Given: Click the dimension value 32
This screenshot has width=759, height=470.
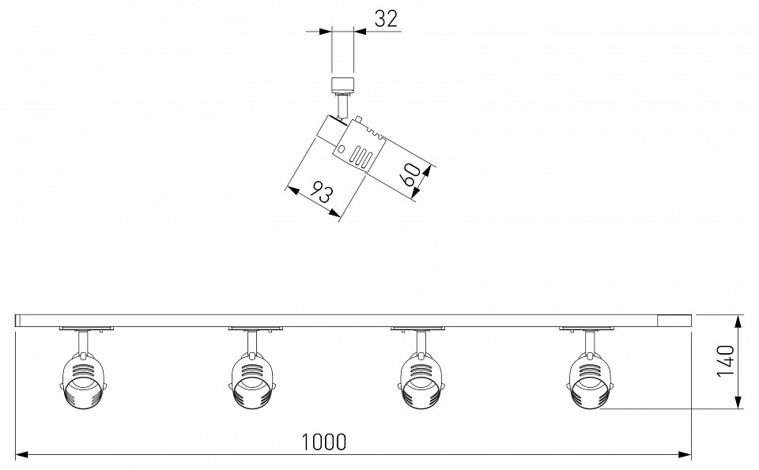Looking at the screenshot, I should [386, 20].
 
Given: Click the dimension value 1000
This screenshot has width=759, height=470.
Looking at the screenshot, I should [324, 442].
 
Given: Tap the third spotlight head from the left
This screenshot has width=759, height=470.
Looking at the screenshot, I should [421, 381].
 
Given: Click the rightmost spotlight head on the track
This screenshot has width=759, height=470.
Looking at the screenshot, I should [589, 381].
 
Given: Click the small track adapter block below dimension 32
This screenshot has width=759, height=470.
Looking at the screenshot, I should [342, 84].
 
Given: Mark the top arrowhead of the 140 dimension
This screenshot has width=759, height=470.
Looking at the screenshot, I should [738, 320].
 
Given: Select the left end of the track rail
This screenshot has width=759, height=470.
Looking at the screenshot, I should [17, 319].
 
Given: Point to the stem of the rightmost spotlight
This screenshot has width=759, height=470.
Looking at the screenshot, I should [588, 341].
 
